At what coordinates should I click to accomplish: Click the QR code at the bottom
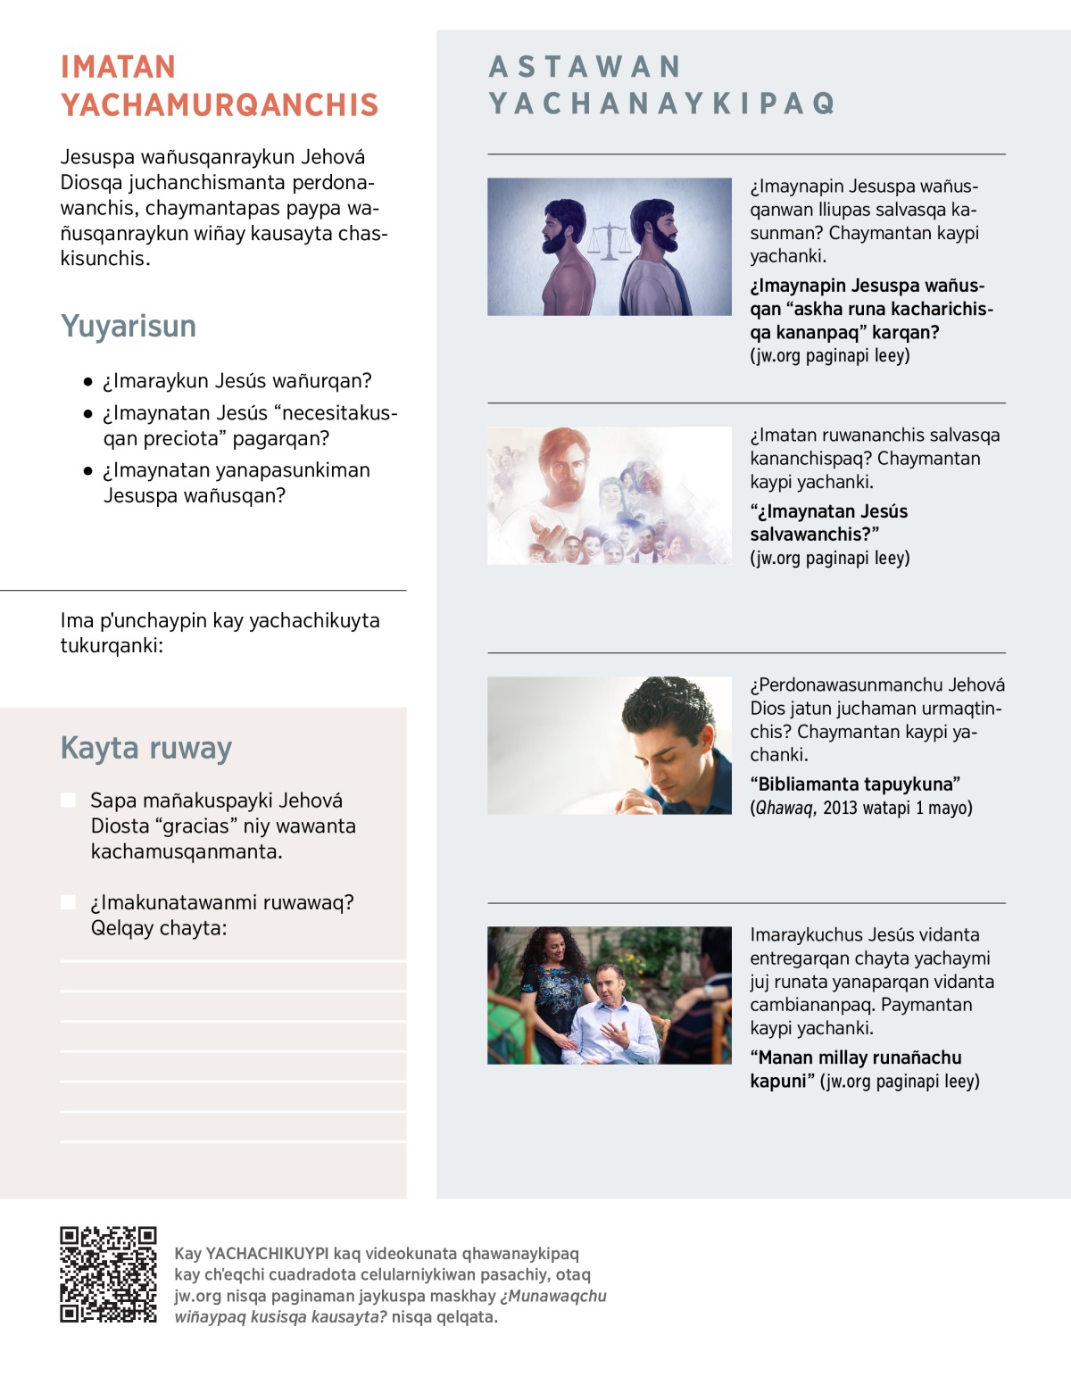[x=108, y=1273]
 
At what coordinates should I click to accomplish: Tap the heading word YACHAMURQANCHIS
[x=220, y=105]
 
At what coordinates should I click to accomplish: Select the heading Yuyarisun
[x=128, y=327]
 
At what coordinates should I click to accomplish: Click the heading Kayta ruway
[x=145, y=748]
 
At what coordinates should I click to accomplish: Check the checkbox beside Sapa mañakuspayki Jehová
[x=69, y=800]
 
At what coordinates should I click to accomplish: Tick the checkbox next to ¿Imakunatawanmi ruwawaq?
[x=69, y=902]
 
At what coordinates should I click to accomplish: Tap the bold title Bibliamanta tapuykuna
[x=855, y=784]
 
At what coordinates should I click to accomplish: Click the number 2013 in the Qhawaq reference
[x=839, y=809]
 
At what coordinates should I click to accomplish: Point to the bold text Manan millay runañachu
[x=855, y=1058]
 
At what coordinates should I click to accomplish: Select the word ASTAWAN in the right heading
[x=585, y=67]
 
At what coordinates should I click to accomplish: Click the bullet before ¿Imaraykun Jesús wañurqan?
[x=87, y=382]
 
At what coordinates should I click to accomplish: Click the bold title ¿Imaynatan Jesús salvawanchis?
[x=828, y=523]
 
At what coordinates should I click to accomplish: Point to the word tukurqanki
[x=112, y=646]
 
